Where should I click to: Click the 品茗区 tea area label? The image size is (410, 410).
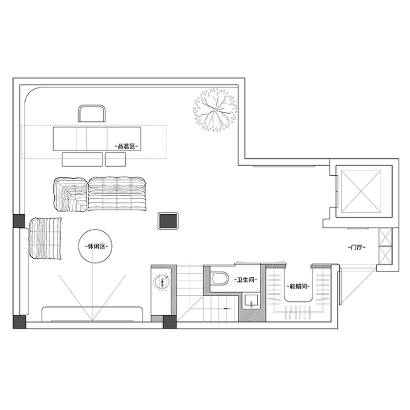click(x=127, y=147)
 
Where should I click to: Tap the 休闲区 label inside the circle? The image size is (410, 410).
click(x=95, y=247)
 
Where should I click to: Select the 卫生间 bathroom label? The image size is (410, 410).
click(x=246, y=280)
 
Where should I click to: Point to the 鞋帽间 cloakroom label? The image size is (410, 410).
click(x=298, y=286)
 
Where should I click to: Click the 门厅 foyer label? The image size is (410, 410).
click(x=357, y=247)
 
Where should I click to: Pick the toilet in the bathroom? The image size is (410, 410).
click(x=219, y=278)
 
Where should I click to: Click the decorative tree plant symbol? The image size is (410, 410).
click(x=215, y=110)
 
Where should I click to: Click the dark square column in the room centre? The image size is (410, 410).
click(x=168, y=221)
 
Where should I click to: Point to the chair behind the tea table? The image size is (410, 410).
click(x=92, y=113)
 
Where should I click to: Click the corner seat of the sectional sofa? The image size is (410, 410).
click(x=70, y=194)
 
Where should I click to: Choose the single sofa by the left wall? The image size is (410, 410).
click(x=45, y=238)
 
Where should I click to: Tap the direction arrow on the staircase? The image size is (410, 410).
click(x=227, y=309)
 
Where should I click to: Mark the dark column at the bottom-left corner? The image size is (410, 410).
click(x=19, y=322)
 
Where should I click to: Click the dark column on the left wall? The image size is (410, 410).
click(x=19, y=221)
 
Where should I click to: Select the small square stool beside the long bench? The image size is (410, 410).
click(x=115, y=159)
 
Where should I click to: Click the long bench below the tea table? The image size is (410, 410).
click(x=83, y=159)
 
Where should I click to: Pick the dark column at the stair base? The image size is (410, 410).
click(x=170, y=322)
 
